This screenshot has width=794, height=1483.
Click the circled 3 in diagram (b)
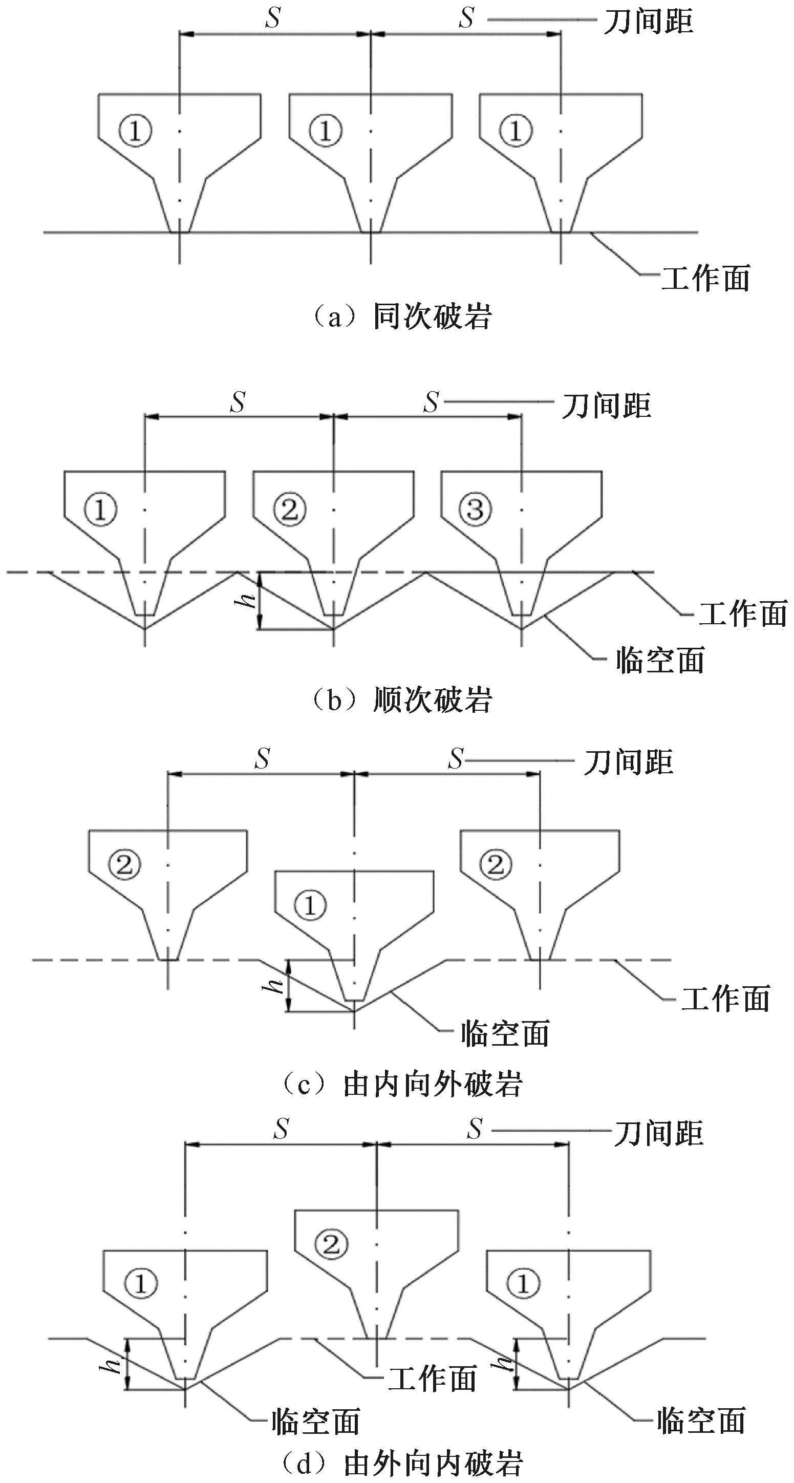tap(475, 509)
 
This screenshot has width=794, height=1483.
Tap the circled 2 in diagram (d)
tap(332, 1245)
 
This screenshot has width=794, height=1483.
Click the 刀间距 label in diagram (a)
tap(648, 22)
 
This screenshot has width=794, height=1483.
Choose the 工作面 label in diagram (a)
tap(706, 279)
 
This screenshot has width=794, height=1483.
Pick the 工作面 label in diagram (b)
tap(743, 613)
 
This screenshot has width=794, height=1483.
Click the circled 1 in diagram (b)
tap(101, 509)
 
